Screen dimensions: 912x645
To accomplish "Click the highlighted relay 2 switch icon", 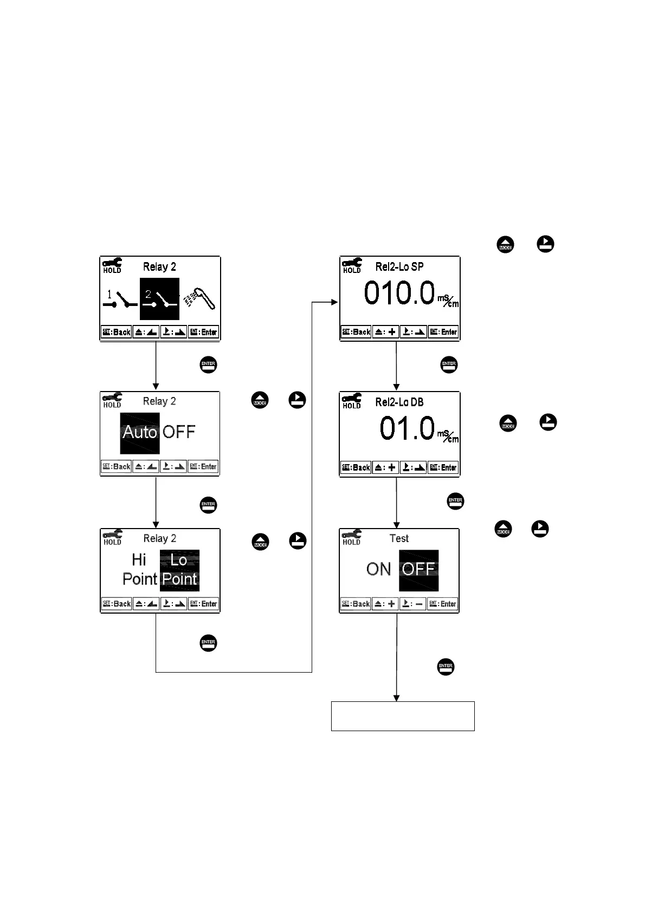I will (159, 299).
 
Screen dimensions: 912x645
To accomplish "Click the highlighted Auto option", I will (140, 433).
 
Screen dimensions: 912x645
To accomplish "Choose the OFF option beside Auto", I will (179, 432).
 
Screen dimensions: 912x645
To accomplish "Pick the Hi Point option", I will (139, 569).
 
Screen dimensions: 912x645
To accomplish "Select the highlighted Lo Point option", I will (179, 570).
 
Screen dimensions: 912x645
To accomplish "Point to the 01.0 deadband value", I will (407, 428).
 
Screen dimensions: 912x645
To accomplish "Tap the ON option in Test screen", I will (378, 569).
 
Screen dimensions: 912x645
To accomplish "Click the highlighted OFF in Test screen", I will (418, 570).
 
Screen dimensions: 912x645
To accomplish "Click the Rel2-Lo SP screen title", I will (399, 267).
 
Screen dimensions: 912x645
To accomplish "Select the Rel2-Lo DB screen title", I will (399, 402).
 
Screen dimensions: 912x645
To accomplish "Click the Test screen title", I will (399, 538).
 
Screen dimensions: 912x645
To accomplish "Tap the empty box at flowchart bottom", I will (403, 716).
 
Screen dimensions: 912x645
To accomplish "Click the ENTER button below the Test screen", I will (446, 667).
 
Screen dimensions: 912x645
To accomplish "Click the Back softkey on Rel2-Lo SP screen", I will (356, 332).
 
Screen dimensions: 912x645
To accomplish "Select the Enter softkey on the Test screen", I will (442, 604).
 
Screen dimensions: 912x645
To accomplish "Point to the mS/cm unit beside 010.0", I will (448, 299).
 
